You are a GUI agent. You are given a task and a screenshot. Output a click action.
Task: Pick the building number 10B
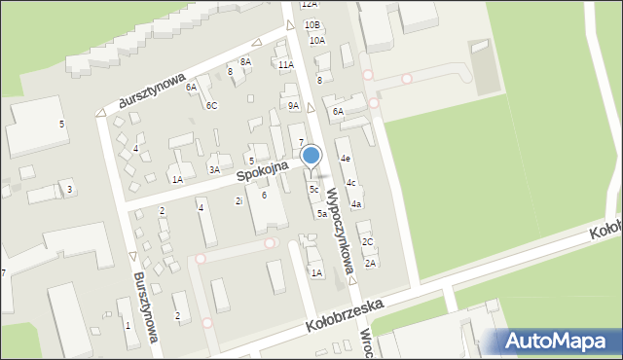[311, 24]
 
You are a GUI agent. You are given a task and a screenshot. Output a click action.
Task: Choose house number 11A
[285, 64]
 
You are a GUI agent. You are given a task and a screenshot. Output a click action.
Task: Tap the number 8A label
[245, 61]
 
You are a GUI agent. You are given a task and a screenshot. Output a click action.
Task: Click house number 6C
[211, 105]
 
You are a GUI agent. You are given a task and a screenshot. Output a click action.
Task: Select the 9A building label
[293, 105]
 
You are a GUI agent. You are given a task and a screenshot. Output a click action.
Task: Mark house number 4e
[345, 158]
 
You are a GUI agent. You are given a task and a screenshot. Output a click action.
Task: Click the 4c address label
[350, 182]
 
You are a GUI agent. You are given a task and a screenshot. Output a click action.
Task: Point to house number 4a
[357, 203]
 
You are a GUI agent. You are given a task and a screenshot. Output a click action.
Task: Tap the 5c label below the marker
[313, 189]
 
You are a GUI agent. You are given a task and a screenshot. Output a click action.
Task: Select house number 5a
[321, 213]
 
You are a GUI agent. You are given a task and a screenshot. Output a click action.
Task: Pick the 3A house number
[214, 169]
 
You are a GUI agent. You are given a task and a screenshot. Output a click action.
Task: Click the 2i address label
[238, 200]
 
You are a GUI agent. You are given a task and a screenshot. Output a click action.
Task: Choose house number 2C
[367, 241]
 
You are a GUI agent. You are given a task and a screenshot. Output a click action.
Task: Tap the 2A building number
[370, 263]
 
